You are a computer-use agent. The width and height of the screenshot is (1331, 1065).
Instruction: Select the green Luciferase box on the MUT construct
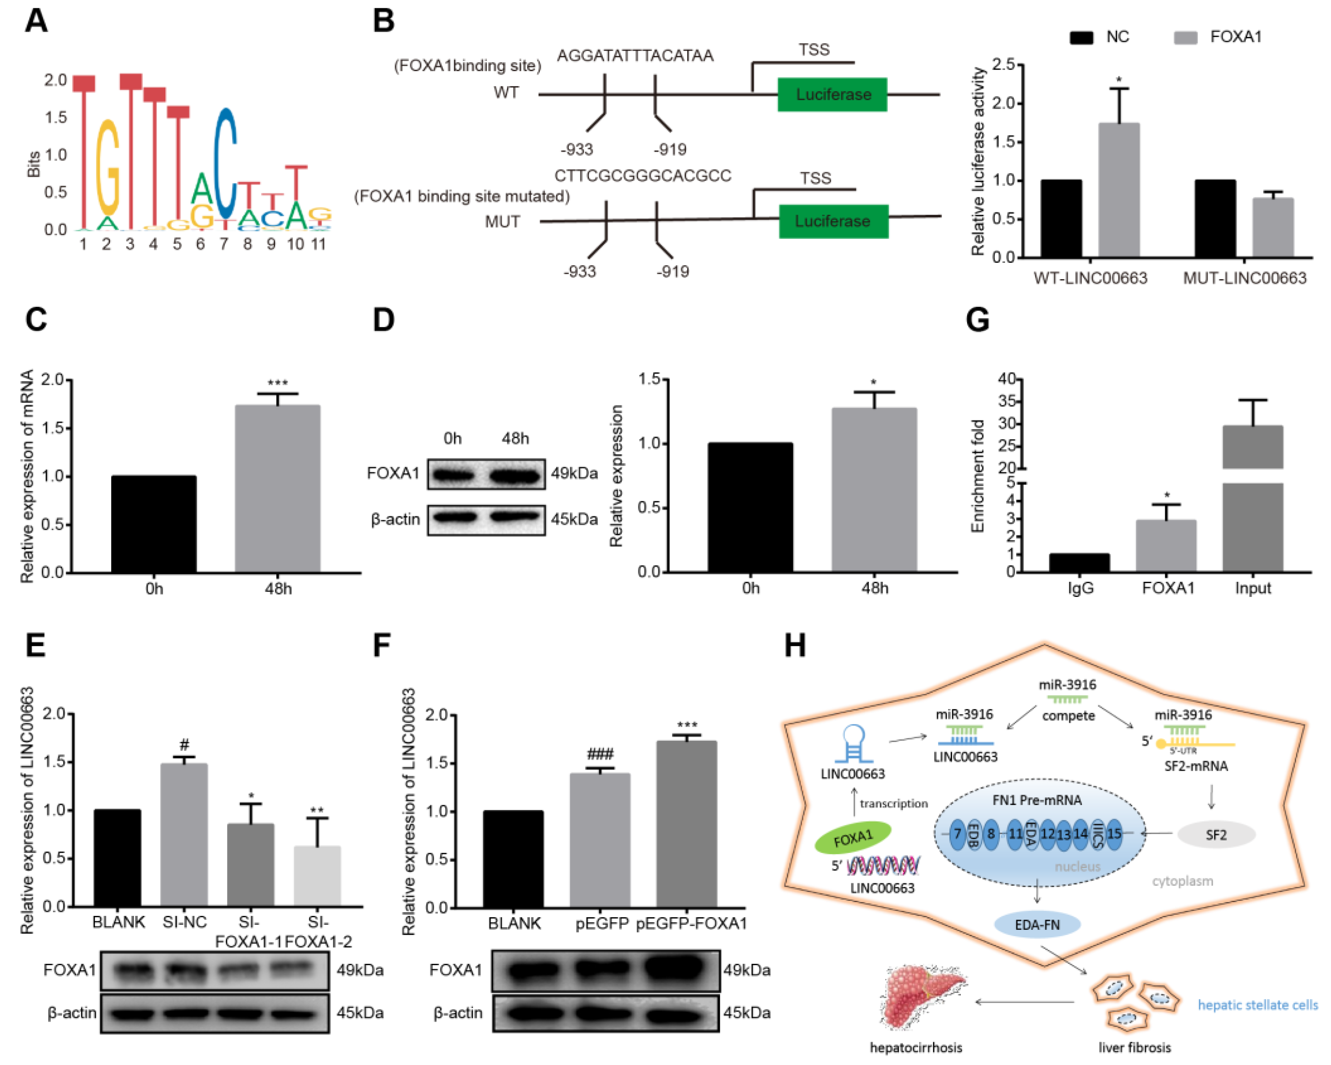833,221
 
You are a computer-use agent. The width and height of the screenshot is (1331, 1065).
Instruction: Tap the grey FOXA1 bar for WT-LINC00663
1119,190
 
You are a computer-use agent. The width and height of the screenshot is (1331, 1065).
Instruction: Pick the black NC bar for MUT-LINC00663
1215,219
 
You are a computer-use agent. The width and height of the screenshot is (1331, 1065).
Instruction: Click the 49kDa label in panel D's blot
574,474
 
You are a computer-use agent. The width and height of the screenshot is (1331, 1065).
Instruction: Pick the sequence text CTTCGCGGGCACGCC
642,176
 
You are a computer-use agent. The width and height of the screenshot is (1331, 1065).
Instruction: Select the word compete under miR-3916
1068,716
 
